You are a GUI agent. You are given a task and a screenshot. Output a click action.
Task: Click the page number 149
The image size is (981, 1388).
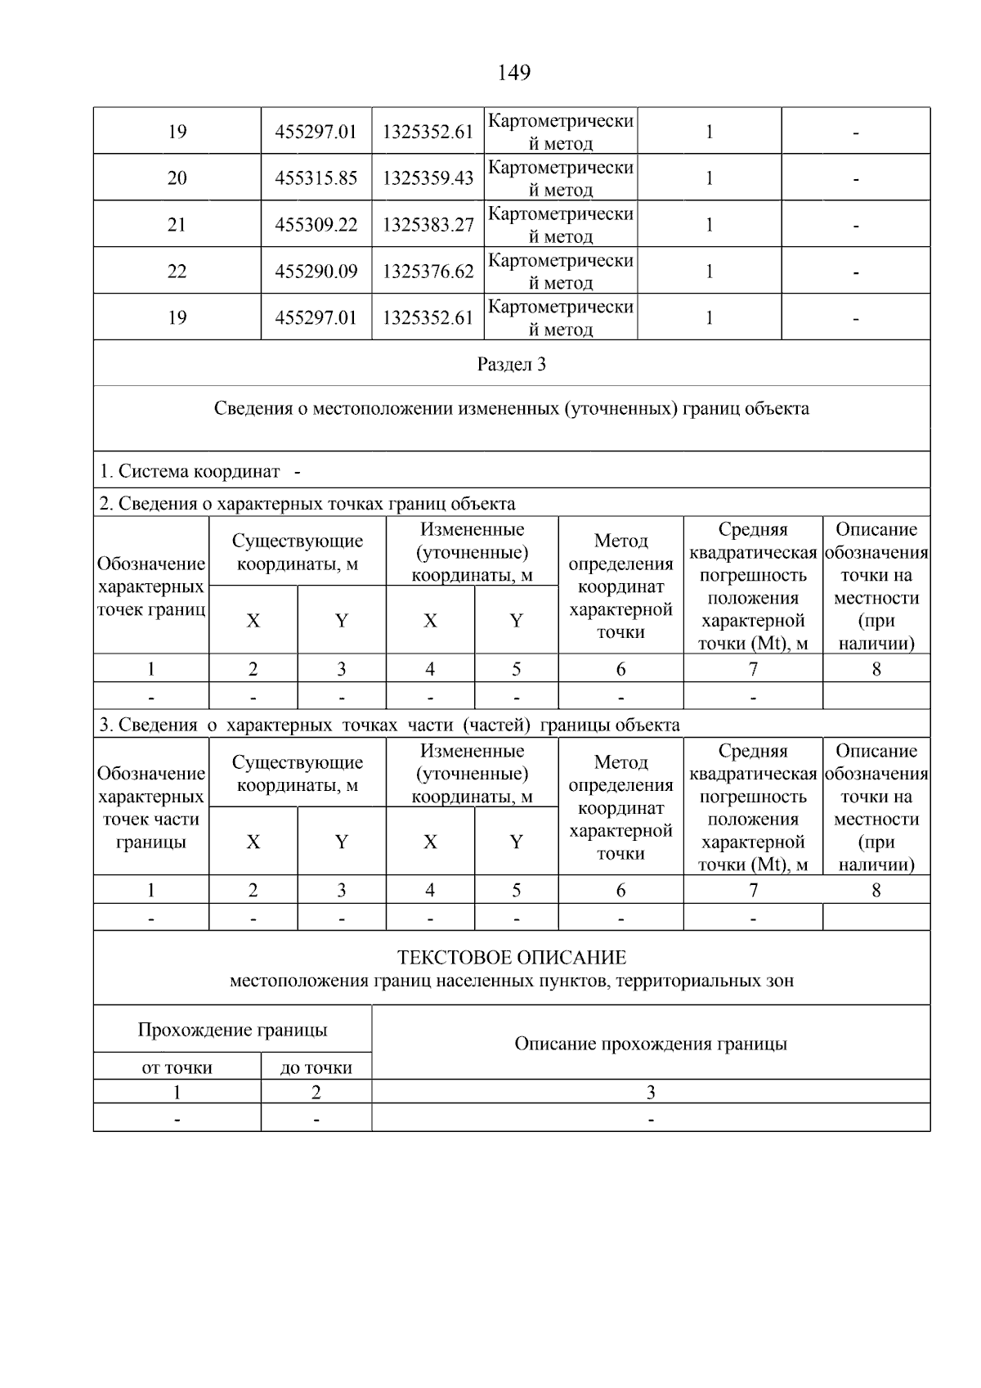513,73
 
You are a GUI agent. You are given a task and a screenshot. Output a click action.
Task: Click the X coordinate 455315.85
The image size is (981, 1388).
316,178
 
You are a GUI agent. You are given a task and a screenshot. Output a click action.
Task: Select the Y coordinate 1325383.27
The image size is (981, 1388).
428,225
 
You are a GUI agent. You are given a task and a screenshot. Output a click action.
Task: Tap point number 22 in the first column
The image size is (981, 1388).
177,272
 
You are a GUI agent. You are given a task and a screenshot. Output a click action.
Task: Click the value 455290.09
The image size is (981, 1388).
316,272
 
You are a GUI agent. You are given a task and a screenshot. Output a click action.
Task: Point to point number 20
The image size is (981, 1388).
177,178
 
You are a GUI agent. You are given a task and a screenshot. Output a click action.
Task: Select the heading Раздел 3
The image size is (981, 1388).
512,365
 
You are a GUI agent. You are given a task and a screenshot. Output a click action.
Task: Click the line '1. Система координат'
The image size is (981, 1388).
190,472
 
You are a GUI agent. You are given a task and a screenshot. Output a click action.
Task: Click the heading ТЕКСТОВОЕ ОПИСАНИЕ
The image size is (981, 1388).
512,958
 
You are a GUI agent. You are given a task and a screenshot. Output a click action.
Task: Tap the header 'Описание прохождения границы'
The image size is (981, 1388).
651,1044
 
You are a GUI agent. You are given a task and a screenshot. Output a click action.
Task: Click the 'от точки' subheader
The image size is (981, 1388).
177,1067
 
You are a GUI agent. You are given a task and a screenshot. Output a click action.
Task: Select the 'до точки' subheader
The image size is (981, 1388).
316,1067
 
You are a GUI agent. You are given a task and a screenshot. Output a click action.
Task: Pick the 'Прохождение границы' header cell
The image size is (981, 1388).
232,1030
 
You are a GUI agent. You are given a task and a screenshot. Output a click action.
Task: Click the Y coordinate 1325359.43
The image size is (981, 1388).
428,178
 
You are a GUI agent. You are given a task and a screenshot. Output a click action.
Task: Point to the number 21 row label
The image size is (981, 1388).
177,225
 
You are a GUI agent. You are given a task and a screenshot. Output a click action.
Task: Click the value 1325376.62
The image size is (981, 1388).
428,272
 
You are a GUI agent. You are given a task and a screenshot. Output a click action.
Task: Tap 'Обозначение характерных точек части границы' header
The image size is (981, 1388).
150,807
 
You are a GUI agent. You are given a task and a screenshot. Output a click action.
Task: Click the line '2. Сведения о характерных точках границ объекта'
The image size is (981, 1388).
307,504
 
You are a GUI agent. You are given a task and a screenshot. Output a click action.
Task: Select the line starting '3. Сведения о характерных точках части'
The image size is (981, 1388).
389,725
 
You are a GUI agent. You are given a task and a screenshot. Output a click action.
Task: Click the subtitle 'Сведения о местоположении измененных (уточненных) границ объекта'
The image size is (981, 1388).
512,409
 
